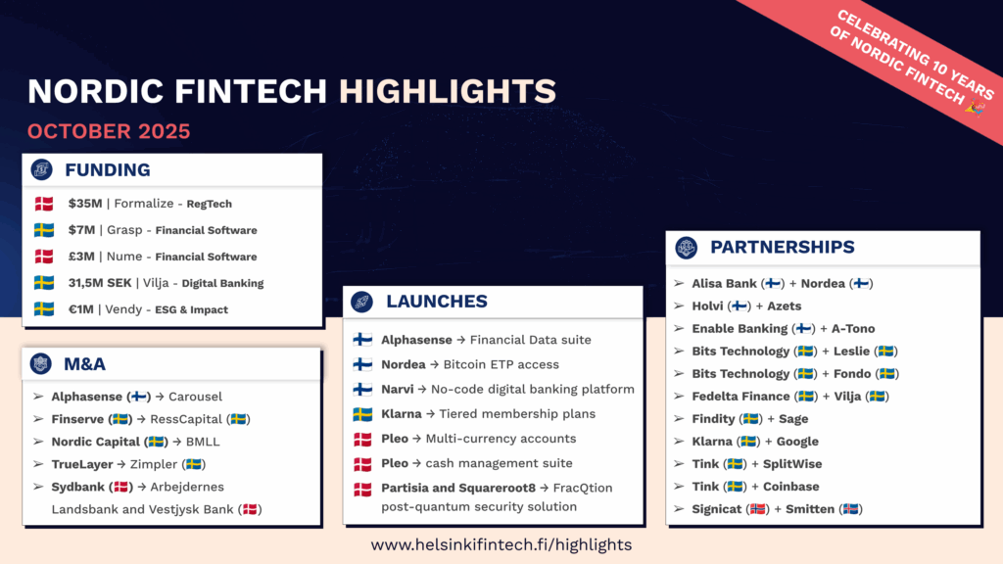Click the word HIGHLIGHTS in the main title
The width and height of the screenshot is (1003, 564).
[447, 91]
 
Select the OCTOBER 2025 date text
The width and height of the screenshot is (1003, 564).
[109, 131]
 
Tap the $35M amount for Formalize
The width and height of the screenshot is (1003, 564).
[85, 204]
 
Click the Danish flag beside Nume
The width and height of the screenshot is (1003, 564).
[44, 257]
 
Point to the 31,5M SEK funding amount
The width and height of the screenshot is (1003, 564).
[100, 283]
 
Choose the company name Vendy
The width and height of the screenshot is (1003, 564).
[123, 309]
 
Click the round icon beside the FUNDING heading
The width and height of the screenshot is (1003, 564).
[41, 169]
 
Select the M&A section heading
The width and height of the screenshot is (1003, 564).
[84, 364]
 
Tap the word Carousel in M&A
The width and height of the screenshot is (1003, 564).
[195, 397]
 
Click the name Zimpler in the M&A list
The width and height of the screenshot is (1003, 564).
[154, 464]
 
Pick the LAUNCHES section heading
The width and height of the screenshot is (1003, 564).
[437, 302]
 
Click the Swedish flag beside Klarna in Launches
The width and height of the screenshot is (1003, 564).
[362, 414]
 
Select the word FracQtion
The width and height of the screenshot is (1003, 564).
[583, 488]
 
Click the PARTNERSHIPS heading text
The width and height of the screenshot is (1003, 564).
[783, 247]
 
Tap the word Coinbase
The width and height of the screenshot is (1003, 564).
[790, 487]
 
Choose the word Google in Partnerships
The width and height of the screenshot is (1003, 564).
[797, 442]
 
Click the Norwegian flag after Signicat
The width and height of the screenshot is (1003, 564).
[758, 509]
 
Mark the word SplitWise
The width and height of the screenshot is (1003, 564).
[792, 464]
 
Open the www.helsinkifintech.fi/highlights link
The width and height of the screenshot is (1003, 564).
[501, 544]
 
